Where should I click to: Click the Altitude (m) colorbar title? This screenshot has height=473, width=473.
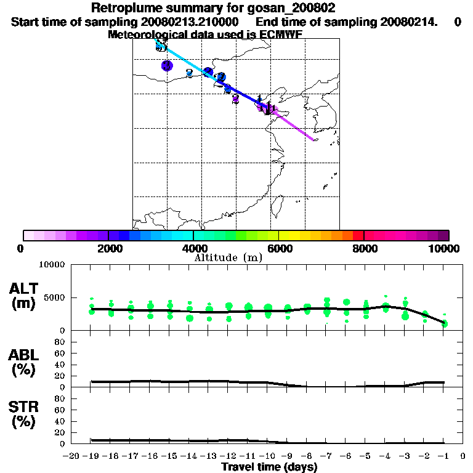point(228,257)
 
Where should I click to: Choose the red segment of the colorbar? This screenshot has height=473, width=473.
point(358,235)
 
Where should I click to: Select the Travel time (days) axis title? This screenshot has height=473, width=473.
point(269,467)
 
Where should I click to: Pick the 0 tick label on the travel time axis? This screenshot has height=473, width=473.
point(463,456)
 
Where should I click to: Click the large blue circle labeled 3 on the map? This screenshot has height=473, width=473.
point(167,65)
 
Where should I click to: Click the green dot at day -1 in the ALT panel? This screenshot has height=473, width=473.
point(445,323)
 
